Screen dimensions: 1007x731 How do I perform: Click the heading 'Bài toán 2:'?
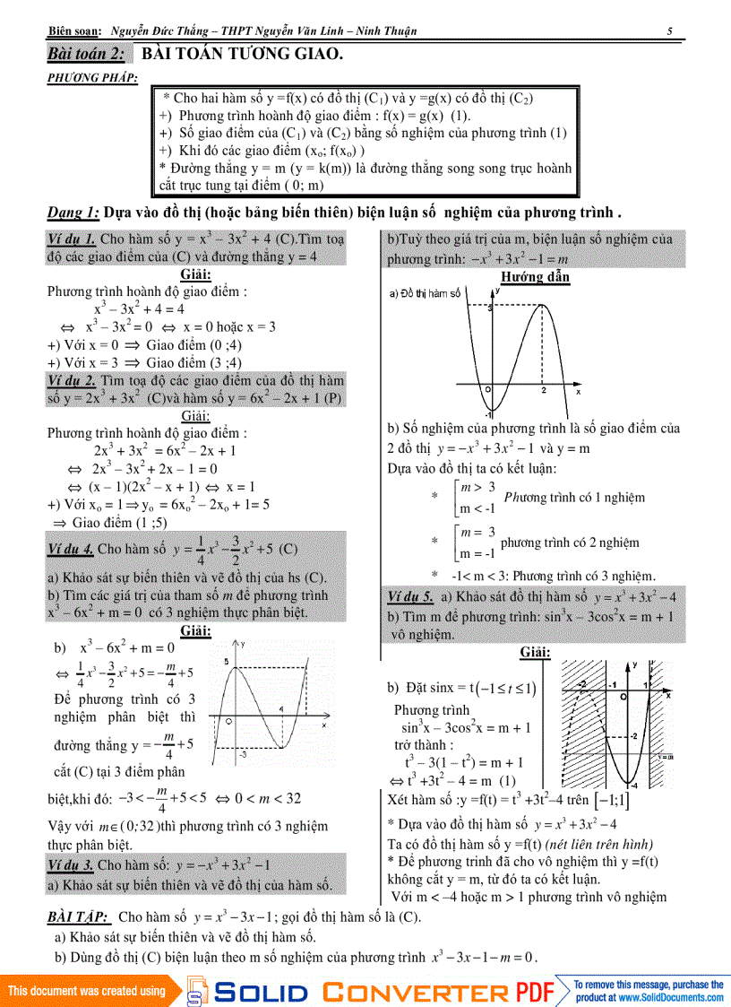(86, 55)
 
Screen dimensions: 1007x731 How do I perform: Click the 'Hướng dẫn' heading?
(535, 277)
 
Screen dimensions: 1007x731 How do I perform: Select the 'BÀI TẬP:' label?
(79, 916)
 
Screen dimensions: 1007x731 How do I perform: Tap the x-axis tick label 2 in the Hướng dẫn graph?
(544, 391)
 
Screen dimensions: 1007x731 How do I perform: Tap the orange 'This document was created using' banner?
(87, 991)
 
